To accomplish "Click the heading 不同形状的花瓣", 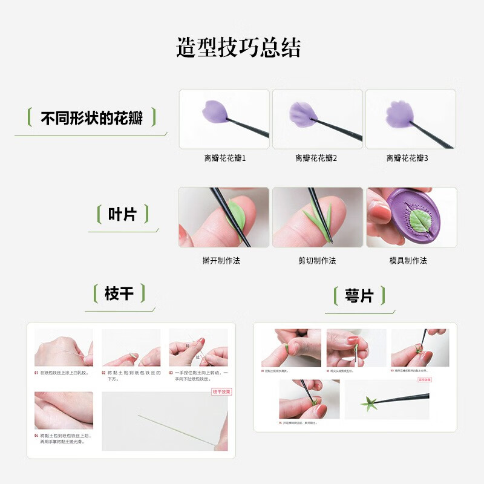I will (91, 117).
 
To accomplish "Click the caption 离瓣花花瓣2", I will (316, 158).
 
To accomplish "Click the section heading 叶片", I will (122, 214).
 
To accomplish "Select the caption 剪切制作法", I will (317, 261).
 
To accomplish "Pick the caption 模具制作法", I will (408, 261).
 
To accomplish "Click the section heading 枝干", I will (119, 294).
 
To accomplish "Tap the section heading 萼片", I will (359, 296).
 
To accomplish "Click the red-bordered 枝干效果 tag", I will (222, 391).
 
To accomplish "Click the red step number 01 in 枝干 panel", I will (36, 373).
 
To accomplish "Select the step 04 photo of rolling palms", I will (64, 410).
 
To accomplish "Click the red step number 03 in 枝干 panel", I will (172, 373).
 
